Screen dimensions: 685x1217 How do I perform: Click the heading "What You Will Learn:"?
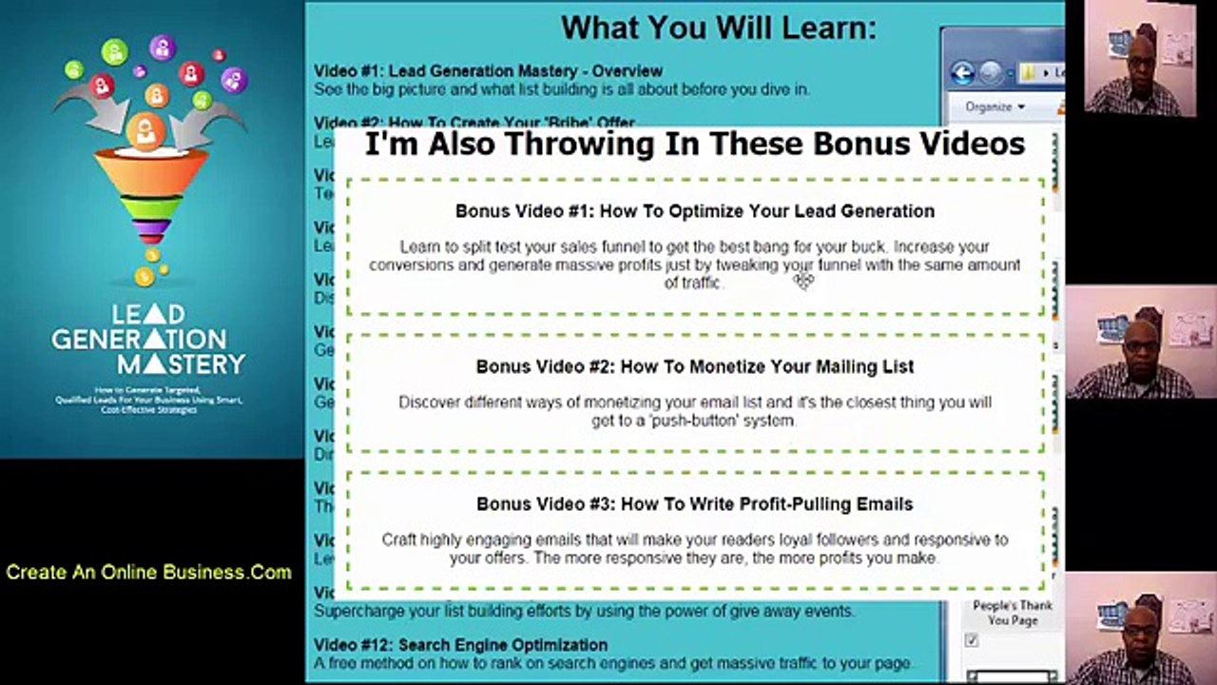[x=718, y=28]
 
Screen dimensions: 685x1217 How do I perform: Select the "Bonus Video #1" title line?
[x=694, y=211]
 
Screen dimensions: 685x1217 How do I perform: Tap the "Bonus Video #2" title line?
[x=694, y=366]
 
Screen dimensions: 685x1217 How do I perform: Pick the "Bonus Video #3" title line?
[x=694, y=504]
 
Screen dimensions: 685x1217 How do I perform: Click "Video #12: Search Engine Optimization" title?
[x=461, y=645]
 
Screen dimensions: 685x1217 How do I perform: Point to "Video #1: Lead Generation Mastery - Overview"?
[x=488, y=70]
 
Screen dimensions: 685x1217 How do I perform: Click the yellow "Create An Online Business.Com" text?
[x=148, y=572]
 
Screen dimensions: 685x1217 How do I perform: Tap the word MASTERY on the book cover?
[x=182, y=362]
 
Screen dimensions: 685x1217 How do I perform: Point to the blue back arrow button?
[x=962, y=72]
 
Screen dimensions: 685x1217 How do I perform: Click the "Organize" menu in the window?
[x=995, y=107]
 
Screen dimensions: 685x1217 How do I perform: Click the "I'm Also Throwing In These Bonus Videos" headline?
[x=694, y=144]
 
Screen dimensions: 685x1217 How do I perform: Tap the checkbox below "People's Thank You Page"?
[x=971, y=641]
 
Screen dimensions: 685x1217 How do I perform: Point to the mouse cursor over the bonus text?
[x=804, y=280]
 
